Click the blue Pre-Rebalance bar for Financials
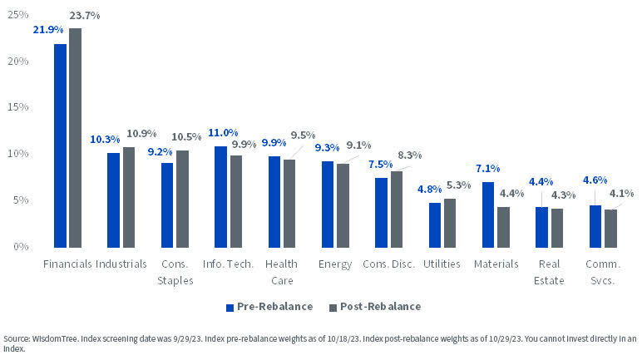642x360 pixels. point(61,145)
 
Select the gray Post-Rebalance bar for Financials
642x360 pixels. point(76,137)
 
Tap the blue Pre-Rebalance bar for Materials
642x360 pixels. point(488,215)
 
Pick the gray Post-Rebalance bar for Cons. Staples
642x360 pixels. point(182,199)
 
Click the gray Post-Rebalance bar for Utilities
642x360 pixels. point(449,223)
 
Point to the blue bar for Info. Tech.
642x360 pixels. point(221,197)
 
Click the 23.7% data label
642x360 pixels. point(83,15)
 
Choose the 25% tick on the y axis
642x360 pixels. point(17,15)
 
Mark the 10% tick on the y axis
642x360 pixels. point(17,154)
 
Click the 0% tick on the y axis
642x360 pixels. point(20,247)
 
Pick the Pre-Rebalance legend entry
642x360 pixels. point(269,307)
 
